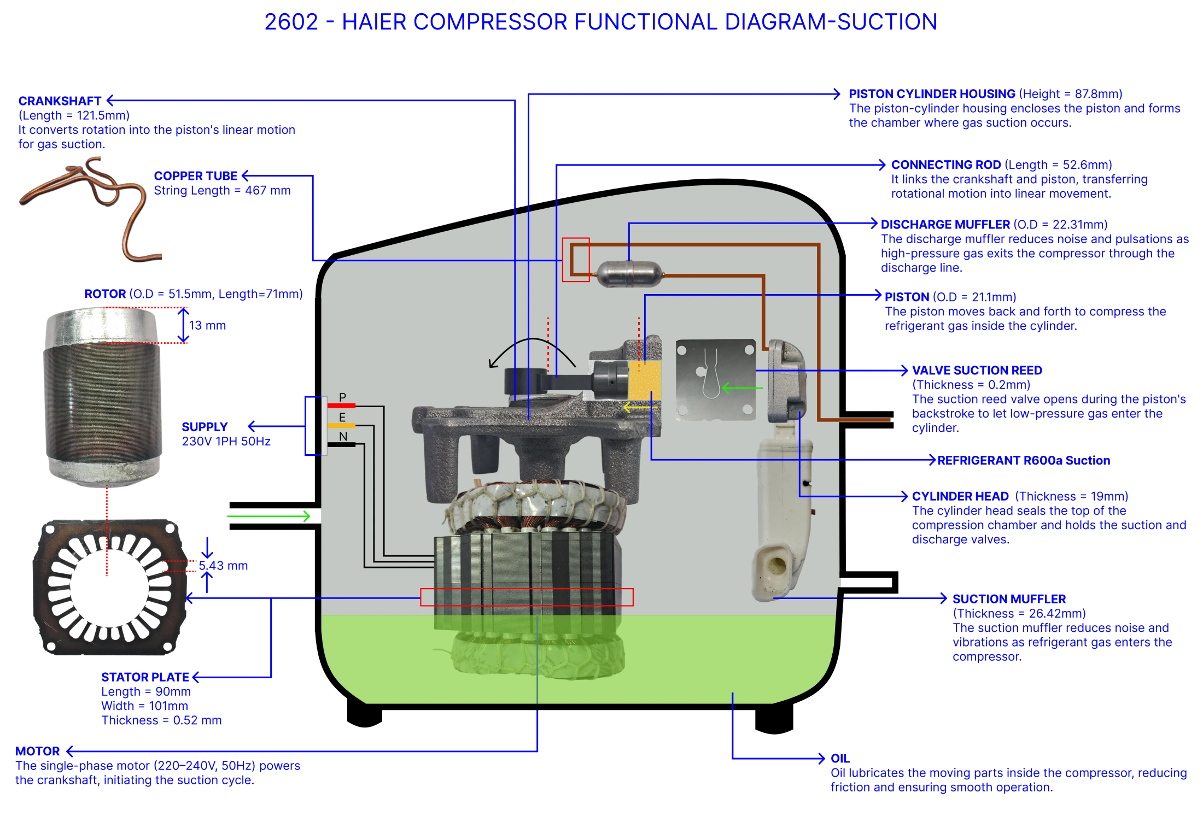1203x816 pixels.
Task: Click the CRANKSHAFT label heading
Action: [x=60, y=101]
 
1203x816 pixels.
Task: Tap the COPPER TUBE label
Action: [x=195, y=176]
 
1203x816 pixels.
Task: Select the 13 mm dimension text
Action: [x=207, y=326]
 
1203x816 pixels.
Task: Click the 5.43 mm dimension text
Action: [x=224, y=566]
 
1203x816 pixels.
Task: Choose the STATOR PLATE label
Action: [x=145, y=677]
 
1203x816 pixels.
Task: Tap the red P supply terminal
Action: [x=341, y=406]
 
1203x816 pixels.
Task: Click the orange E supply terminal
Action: [x=341, y=425]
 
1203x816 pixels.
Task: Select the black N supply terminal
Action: [x=341, y=445]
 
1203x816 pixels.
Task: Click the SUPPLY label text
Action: [x=205, y=427]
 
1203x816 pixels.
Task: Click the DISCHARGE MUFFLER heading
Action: [x=945, y=225]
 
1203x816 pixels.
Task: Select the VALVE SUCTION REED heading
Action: [x=977, y=371]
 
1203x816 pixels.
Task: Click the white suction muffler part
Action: [x=782, y=519]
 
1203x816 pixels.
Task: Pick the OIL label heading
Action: [x=840, y=759]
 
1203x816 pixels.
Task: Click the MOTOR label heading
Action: [x=38, y=752]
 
